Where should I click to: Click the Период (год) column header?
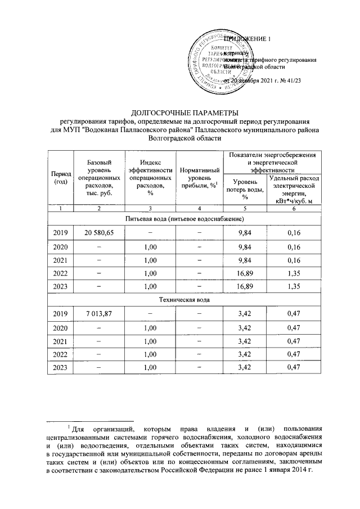tap(60, 178)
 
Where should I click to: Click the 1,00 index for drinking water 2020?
tap(149, 246)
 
